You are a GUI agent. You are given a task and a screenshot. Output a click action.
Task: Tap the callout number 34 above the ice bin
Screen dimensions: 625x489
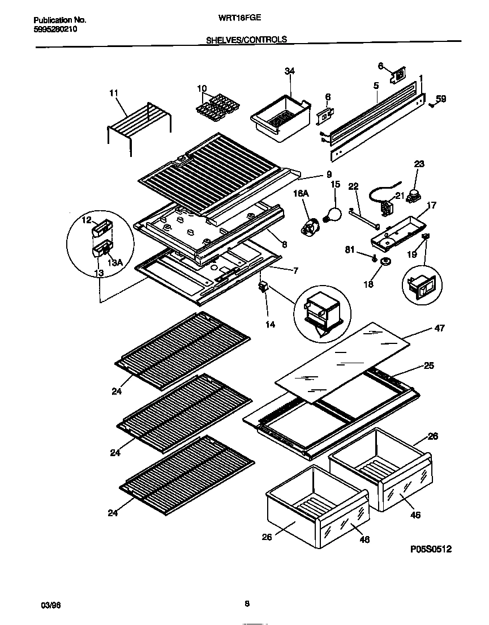coord(290,71)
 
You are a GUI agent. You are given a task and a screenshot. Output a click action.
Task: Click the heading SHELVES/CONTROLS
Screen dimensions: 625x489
coord(246,40)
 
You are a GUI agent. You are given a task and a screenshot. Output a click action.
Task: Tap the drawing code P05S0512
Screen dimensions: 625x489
coord(431,549)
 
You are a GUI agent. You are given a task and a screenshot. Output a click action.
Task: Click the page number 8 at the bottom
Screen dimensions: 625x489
coord(247,604)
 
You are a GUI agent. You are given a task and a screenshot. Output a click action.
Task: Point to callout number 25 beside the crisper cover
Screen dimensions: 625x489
coord(428,367)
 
